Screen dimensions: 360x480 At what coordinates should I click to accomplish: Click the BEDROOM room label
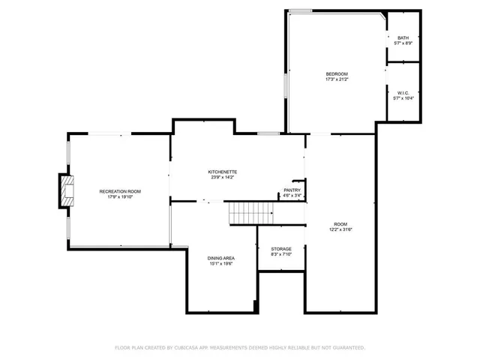point(337,73)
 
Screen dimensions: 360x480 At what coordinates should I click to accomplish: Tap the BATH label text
point(403,38)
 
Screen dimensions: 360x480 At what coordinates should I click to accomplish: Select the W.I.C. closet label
point(403,93)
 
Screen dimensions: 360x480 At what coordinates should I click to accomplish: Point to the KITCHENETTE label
point(222,172)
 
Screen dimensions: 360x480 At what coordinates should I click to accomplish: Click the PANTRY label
point(292,190)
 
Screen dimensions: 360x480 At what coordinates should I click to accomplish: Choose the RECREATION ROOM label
point(120,191)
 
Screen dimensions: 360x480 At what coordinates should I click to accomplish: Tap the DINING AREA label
point(221,258)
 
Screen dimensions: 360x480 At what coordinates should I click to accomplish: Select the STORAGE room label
point(281,249)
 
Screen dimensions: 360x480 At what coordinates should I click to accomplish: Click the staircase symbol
point(244,213)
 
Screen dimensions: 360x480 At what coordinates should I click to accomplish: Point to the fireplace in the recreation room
point(68,190)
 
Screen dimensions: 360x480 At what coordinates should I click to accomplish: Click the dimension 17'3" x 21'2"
point(337,79)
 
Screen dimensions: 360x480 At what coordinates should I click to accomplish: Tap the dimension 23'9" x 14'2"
point(222,178)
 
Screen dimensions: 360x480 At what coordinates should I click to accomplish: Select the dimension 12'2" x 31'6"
point(340,229)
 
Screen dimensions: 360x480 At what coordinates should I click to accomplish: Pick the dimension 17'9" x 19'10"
point(120,197)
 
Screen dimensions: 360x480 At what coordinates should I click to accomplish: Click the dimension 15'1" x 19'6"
point(221,264)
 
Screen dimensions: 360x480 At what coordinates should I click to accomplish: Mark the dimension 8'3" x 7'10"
point(281,254)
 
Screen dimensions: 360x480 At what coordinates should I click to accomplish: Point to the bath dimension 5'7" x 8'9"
point(403,43)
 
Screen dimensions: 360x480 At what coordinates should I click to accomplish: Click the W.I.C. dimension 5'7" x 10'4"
point(403,98)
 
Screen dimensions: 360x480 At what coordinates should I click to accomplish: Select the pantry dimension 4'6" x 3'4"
point(292,196)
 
